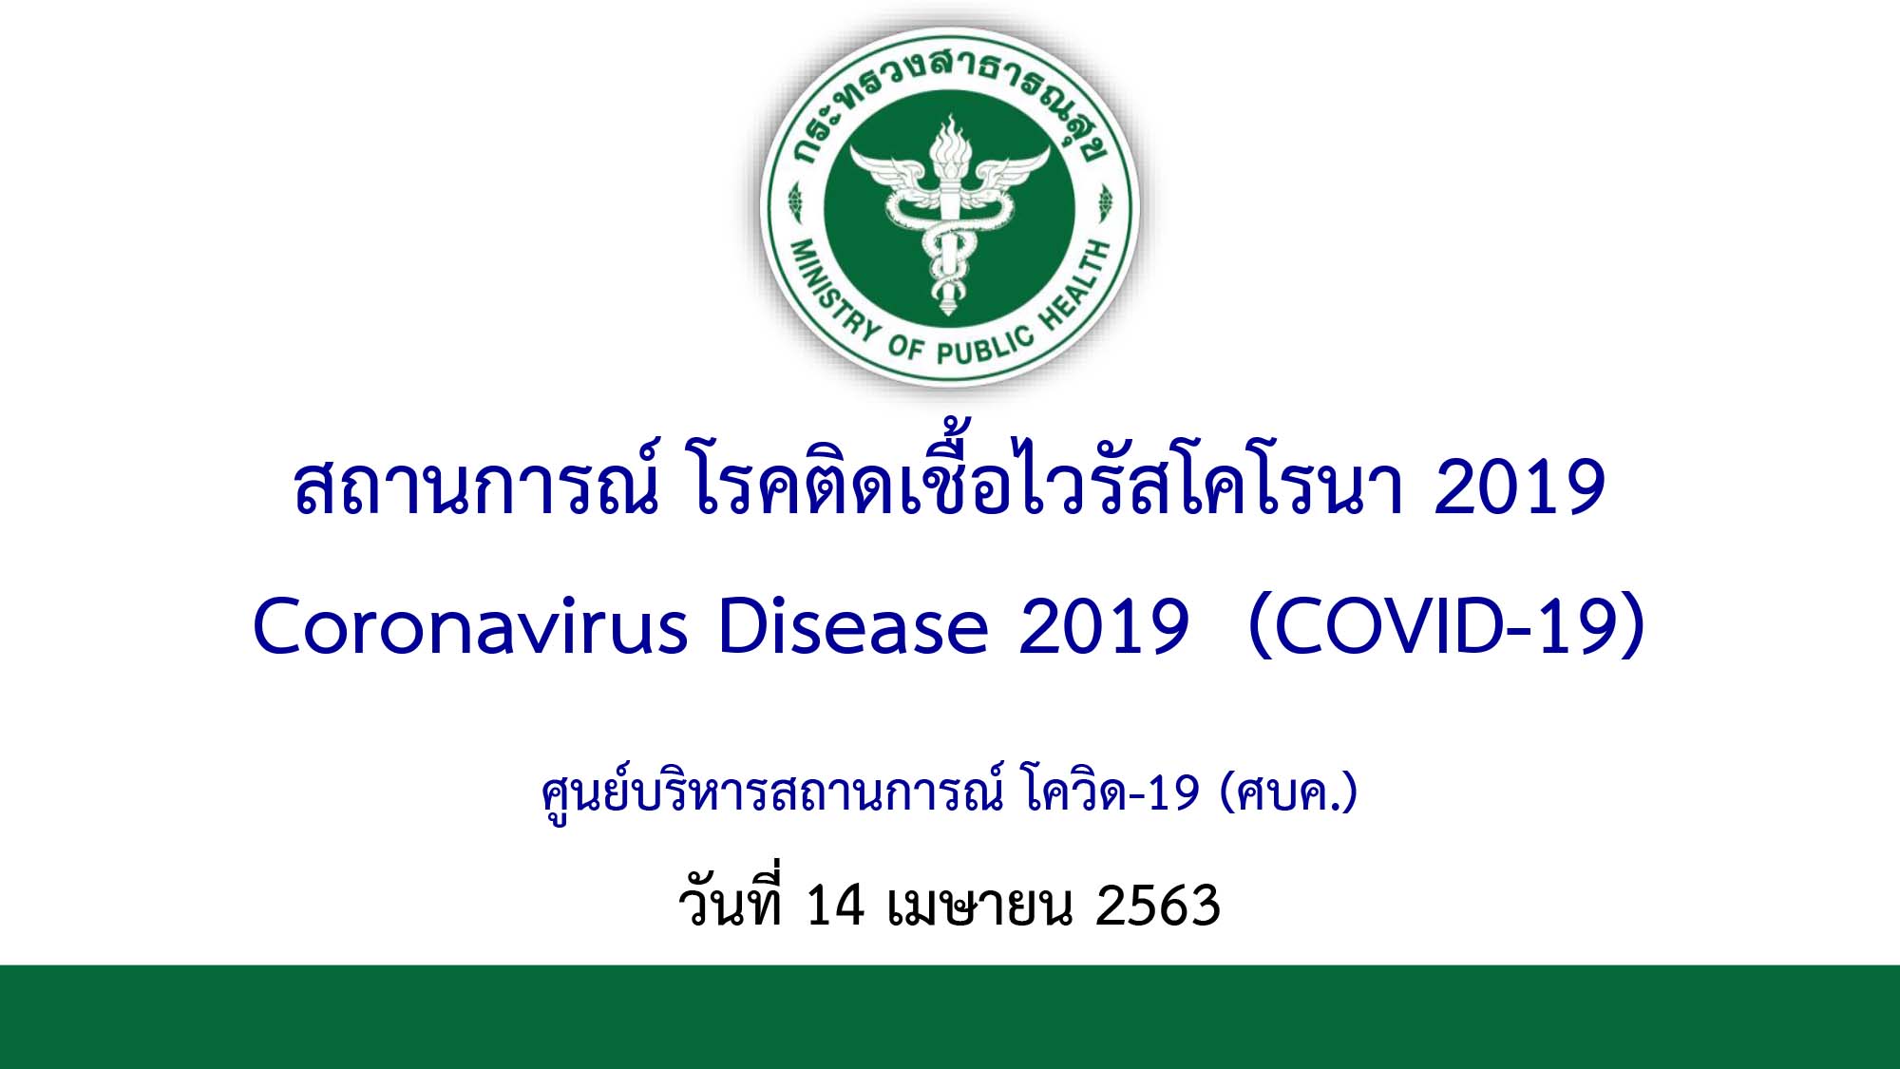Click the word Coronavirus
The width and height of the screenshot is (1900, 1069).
(x=470, y=626)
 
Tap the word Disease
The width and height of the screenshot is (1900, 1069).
(x=853, y=626)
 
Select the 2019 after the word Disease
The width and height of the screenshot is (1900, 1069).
(x=1103, y=627)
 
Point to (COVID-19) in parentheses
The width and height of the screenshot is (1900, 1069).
(x=1447, y=626)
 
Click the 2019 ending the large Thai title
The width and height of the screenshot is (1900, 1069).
(x=1519, y=487)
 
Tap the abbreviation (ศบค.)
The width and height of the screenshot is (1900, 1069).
(x=1288, y=792)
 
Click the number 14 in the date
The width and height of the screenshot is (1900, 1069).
(x=835, y=905)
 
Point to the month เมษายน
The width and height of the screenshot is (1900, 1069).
(x=978, y=906)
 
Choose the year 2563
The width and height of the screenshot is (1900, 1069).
(x=1157, y=905)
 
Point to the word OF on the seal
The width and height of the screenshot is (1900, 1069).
(x=905, y=348)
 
